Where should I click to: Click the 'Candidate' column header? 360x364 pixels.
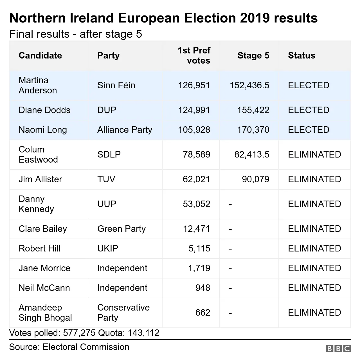tap(40, 55)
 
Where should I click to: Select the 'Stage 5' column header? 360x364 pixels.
tap(253, 55)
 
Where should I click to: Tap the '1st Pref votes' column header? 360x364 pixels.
tap(194, 55)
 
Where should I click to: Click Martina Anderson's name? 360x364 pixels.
tap(38, 85)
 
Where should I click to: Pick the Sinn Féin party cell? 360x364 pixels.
tap(116, 85)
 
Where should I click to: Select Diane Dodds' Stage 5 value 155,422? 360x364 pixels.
tap(253, 110)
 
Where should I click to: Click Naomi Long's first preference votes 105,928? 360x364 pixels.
tap(194, 130)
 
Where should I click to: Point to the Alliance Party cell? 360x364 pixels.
tap(125, 130)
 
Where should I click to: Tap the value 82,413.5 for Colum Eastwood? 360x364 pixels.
tap(252, 154)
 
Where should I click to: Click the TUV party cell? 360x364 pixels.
tap(106, 179)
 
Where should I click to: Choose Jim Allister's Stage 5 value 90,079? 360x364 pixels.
tap(255, 179)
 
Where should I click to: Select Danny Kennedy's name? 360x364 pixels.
tap(36, 204)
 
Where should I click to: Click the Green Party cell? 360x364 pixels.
tap(121, 229)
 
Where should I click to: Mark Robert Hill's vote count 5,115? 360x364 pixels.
tap(199, 248)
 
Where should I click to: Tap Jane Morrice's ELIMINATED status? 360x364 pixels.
tap(314, 268)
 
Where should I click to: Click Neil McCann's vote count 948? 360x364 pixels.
tap(202, 288)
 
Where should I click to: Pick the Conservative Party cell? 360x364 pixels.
tap(123, 313)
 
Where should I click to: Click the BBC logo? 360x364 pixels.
tap(338, 349)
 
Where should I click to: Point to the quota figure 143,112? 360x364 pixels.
tap(143, 333)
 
